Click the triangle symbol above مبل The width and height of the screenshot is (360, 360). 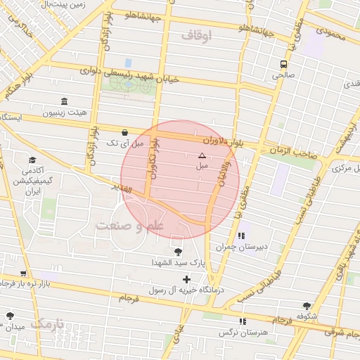click(202, 155)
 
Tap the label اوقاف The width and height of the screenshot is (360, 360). click(196, 35)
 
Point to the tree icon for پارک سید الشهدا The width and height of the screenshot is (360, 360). click(176, 252)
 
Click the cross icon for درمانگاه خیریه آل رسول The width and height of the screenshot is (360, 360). click(186, 279)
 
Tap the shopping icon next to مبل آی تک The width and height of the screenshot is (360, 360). click(124, 131)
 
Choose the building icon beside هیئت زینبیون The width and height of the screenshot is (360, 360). click(65, 101)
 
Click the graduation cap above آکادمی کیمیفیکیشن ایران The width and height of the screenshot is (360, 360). click(32, 160)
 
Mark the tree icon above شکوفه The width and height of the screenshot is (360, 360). click(307, 306)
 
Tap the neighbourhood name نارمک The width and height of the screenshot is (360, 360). click(47, 323)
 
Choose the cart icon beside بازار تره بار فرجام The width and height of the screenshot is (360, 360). click(23, 273)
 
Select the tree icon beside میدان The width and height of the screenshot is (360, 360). click(9, 316)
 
